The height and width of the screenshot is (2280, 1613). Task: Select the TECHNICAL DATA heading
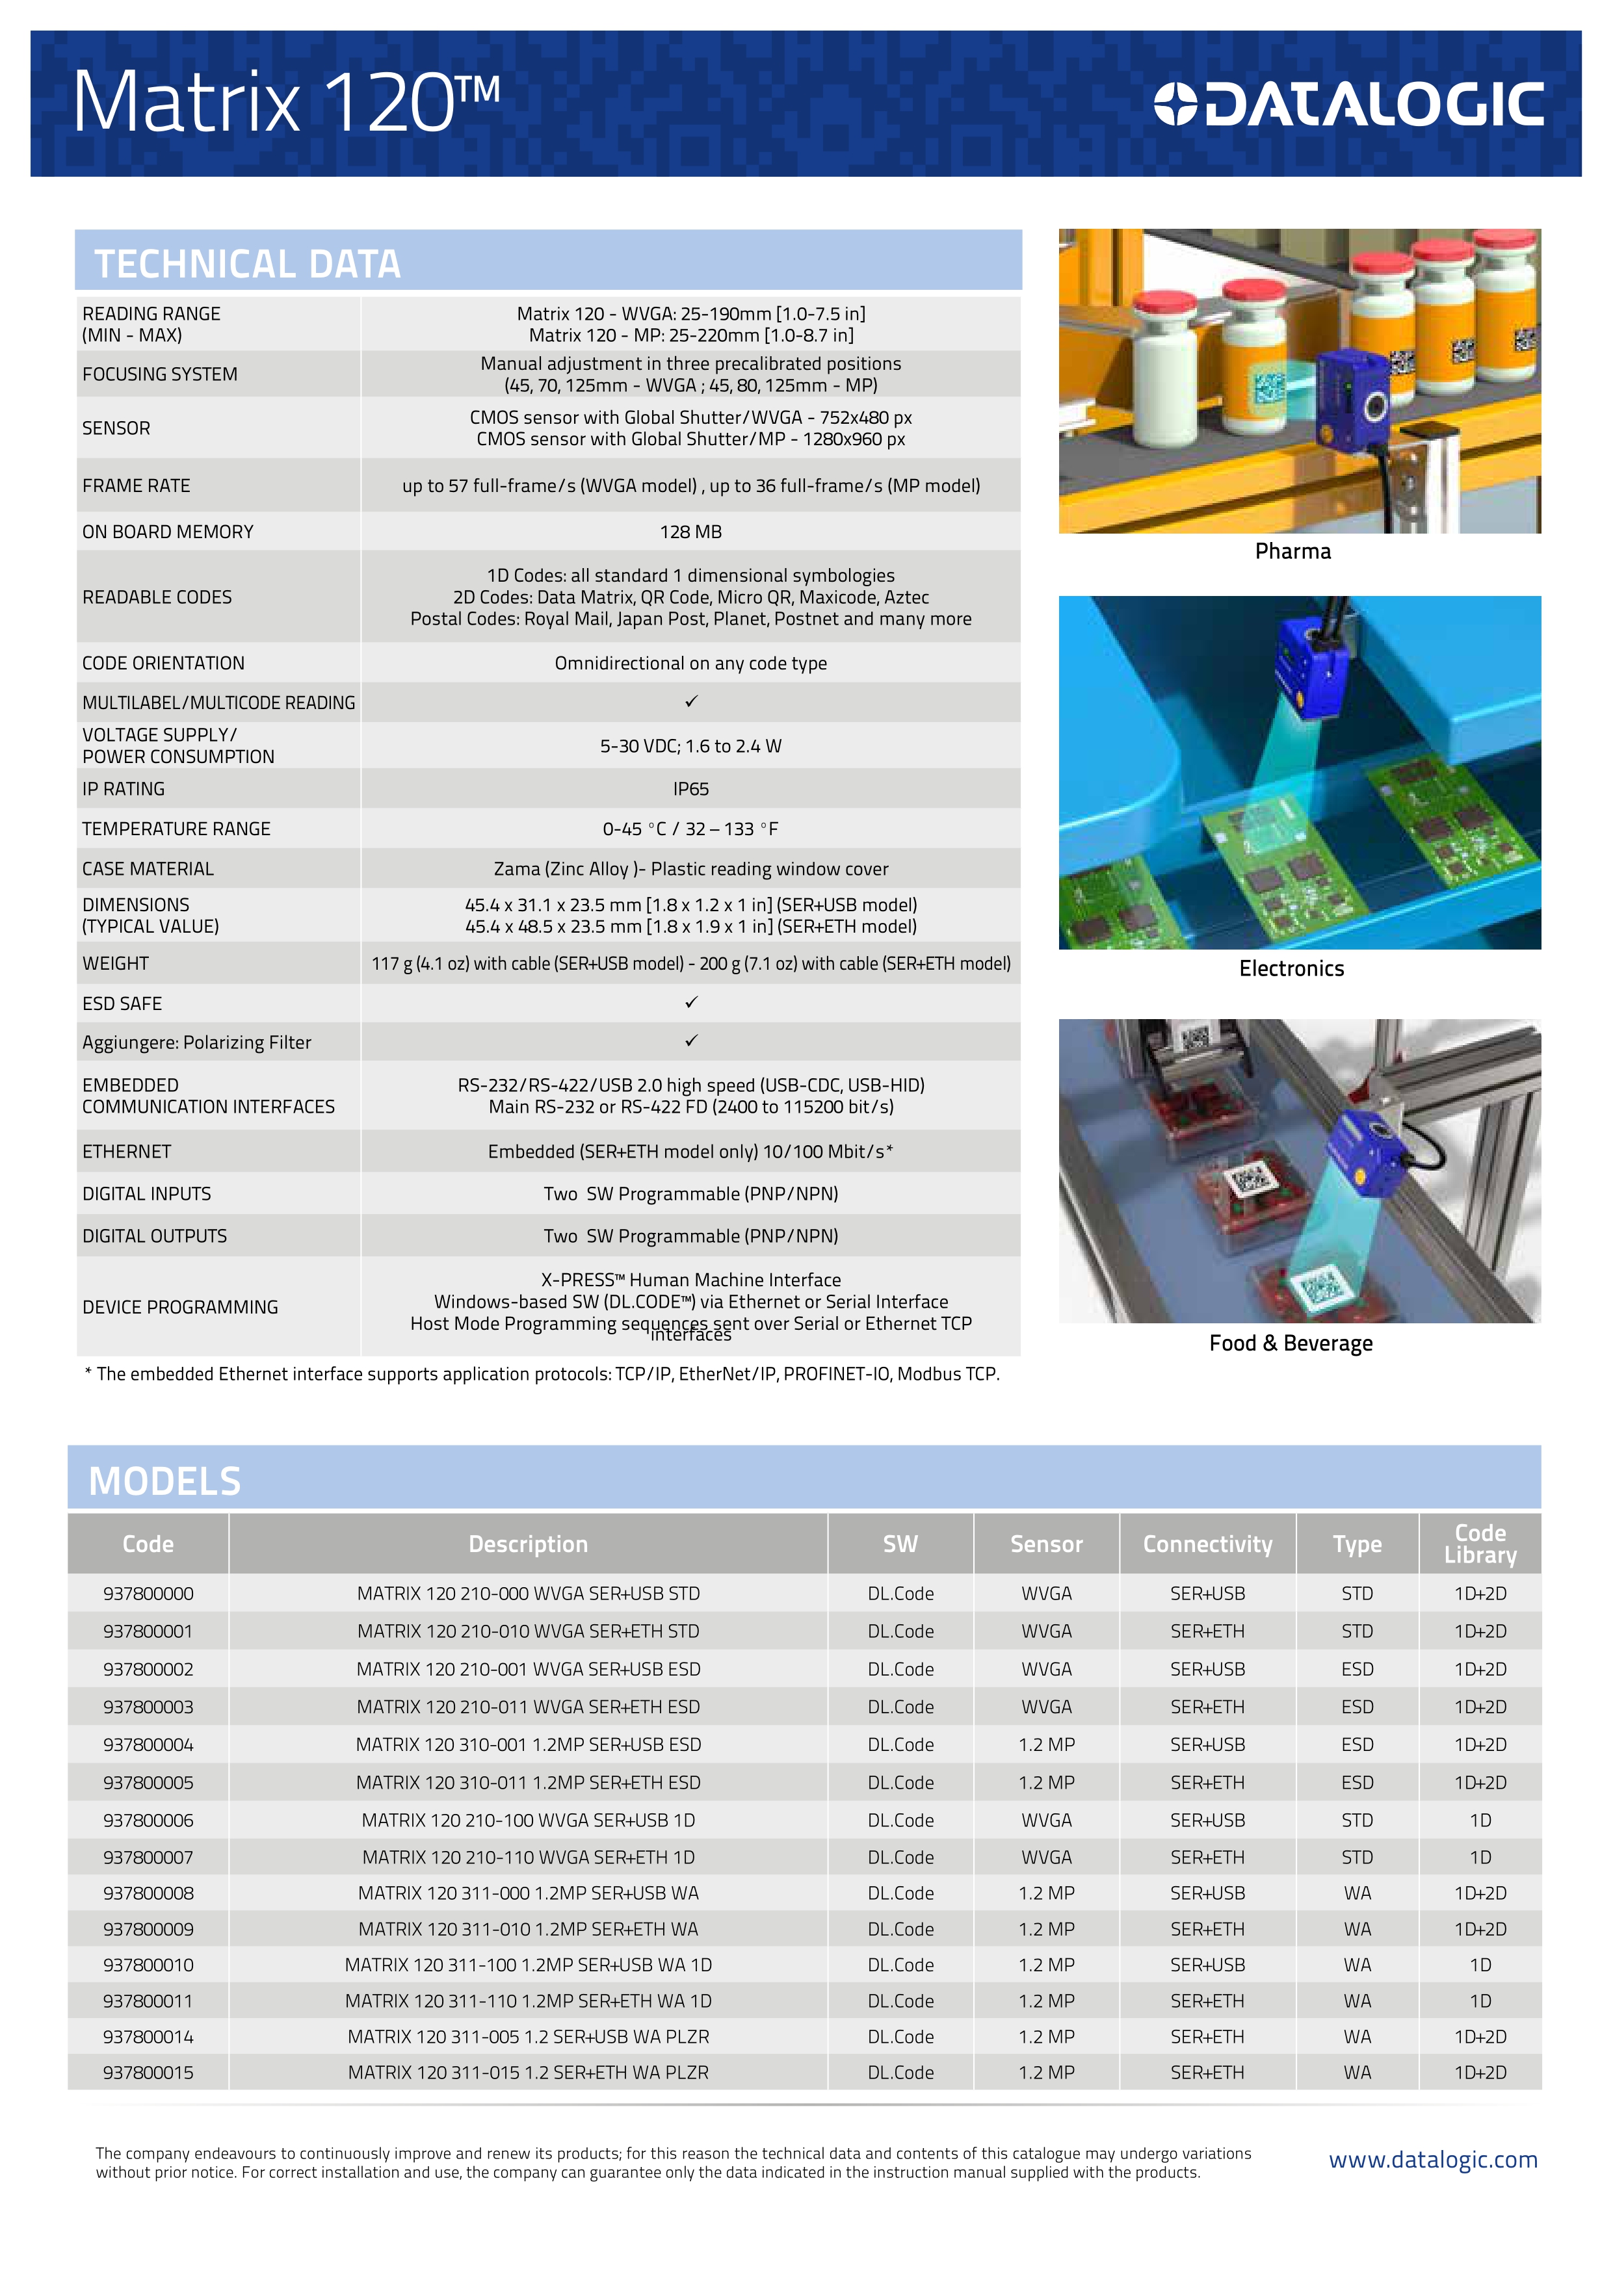[247, 264]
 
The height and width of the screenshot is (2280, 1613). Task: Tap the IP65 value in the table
[690, 788]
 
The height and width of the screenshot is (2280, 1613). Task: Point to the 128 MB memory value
[690, 531]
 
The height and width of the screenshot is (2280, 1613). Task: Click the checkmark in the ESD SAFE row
[691, 1002]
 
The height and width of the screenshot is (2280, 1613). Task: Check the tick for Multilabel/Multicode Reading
[691, 701]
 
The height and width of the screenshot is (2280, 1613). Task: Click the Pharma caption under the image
[1292, 551]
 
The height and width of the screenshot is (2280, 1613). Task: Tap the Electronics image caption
[1291, 968]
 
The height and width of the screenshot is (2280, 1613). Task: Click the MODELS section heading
[165, 1481]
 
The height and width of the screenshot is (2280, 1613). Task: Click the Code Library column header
[1480, 1544]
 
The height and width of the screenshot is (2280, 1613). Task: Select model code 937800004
[148, 1744]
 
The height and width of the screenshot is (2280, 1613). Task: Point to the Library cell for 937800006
[1480, 1820]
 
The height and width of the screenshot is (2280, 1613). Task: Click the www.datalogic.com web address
[1432, 2160]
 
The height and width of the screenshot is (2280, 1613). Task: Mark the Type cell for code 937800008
[1357, 1893]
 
